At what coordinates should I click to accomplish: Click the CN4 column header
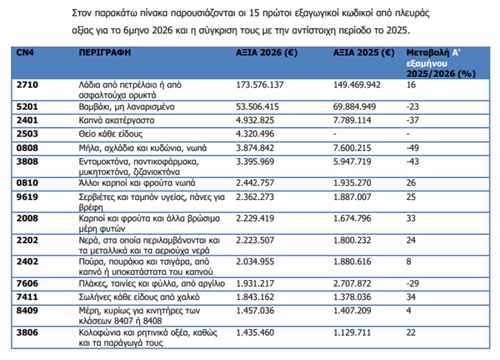point(25,52)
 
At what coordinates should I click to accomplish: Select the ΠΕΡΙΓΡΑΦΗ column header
point(105,52)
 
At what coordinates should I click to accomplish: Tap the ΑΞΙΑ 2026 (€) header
point(267,52)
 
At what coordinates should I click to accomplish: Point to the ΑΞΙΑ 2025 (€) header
point(364,52)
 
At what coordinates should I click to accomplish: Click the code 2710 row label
point(27,85)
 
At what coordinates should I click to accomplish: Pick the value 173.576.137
point(259,85)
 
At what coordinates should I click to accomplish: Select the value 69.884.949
point(355,107)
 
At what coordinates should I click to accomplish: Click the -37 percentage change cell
point(412,120)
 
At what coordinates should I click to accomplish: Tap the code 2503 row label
point(27,133)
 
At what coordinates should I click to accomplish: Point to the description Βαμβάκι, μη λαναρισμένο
point(127,107)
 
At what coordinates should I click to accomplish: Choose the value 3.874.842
point(255,148)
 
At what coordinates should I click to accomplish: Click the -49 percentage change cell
point(412,148)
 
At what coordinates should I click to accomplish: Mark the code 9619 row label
point(27,197)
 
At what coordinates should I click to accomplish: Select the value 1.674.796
point(352,218)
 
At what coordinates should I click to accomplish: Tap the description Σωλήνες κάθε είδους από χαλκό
point(139,297)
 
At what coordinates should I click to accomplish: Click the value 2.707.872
point(352,283)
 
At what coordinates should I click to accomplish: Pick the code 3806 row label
point(27,332)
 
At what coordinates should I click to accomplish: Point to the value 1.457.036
point(255,311)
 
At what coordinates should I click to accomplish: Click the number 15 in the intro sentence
point(254,13)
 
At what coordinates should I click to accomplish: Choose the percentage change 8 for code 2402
point(409,262)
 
